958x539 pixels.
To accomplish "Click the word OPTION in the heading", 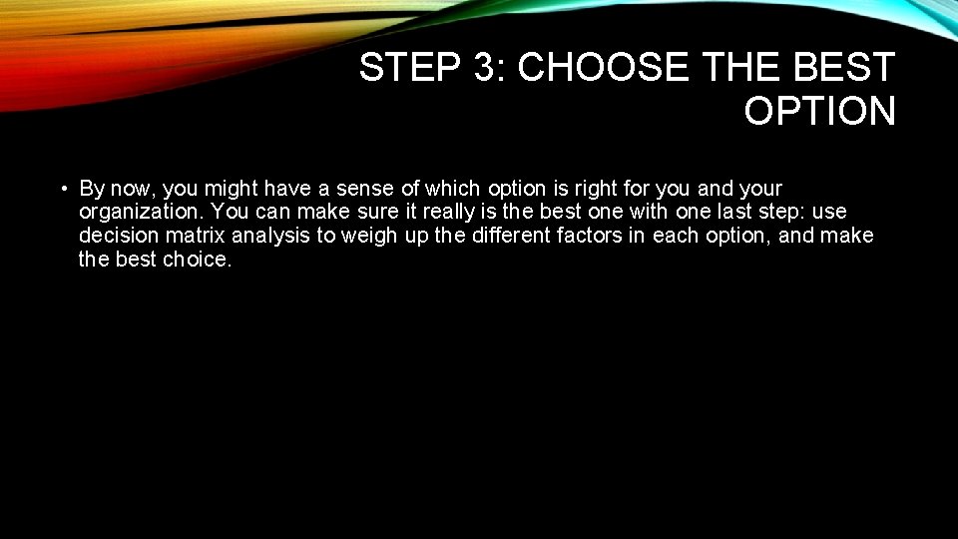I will (x=819, y=111).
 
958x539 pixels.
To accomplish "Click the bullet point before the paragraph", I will (x=62, y=189).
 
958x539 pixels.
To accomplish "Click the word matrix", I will (x=190, y=237).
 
